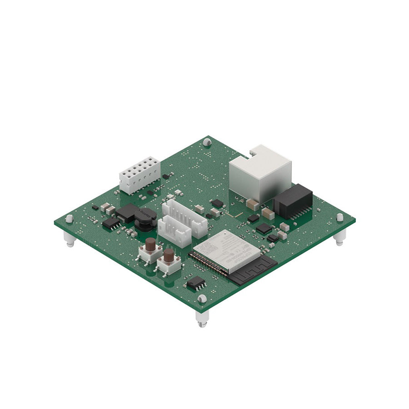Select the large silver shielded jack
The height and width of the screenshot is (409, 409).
(x=260, y=174)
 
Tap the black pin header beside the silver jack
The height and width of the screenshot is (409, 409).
(x=293, y=201)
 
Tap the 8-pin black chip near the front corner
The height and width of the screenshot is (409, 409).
(x=196, y=283)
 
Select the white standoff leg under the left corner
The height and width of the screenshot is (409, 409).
(x=69, y=239)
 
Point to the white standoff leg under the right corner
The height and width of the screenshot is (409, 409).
(x=339, y=237)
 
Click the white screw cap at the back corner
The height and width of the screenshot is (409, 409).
(x=207, y=142)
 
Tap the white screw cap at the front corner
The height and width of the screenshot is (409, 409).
(x=202, y=299)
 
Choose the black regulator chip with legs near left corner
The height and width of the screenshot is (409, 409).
(x=111, y=223)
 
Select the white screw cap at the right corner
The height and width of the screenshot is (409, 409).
(x=340, y=217)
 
